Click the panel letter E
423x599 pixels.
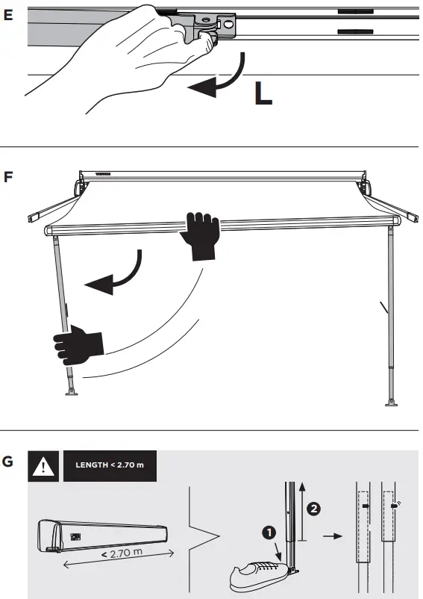(8, 14)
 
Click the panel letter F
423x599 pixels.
(8, 179)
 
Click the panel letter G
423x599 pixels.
(8, 462)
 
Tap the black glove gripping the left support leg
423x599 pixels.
(78, 347)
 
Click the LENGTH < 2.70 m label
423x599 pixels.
(110, 466)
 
